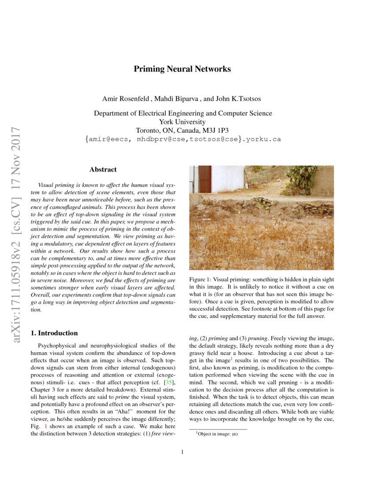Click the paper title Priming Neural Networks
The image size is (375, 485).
click(x=182, y=69)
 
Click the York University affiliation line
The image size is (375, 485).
click(x=182, y=122)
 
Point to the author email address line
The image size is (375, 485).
click(x=182, y=139)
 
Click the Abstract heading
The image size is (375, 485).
click(x=103, y=169)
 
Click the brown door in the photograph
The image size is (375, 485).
click(x=205, y=179)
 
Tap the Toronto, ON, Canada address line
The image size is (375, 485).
click(x=182, y=130)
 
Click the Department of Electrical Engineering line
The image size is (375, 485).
click(x=182, y=113)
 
